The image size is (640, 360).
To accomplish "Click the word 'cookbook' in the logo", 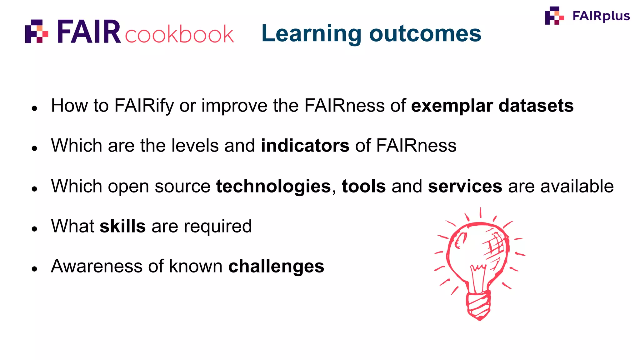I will (x=179, y=34).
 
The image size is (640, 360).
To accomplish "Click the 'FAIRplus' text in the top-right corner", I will (x=601, y=16).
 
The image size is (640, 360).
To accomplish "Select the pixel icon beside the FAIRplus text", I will (x=554, y=15).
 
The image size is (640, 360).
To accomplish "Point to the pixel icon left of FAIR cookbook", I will (x=37, y=31).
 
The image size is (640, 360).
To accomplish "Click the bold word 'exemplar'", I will (x=452, y=106).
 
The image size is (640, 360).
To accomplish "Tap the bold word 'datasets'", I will (x=536, y=106).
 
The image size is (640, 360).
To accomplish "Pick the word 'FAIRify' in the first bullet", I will (x=144, y=106).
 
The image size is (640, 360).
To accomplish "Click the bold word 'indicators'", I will (x=305, y=146).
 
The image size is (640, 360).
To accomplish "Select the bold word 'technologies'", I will (x=273, y=186).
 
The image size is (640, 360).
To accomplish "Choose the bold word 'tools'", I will (x=364, y=186).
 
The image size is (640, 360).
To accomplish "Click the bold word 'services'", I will (x=465, y=186).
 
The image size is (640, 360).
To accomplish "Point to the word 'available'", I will (x=577, y=186).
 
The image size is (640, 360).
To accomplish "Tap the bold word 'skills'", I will (x=122, y=226).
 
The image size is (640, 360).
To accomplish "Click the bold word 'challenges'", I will (x=276, y=266).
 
